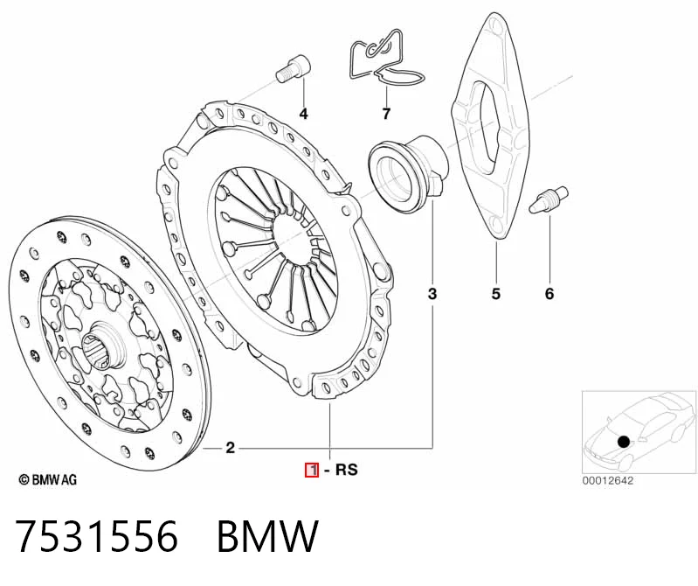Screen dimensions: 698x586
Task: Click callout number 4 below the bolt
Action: (x=304, y=114)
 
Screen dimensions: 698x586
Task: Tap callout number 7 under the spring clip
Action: (x=386, y=114)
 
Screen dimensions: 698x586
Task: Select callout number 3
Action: (x=432, y=294)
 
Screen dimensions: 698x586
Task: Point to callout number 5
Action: (x=496, y=294)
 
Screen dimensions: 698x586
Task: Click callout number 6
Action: (x=549, y=294)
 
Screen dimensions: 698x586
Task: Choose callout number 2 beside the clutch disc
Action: (x=230, y=448)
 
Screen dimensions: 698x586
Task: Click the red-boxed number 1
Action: (x=312, y=470)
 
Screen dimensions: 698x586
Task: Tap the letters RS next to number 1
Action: (x=346, y=470)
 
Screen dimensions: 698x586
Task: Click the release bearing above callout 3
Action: (x=408, y=174)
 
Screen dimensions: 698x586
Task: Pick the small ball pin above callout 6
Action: (x=549, y=200)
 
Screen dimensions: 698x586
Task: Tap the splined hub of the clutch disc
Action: (x=101, y=346)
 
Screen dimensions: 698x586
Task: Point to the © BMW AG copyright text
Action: (x=48, y=479)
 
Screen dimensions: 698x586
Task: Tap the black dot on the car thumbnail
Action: (x=624, y=442)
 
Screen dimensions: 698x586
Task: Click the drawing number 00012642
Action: (x=607, y=481)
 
